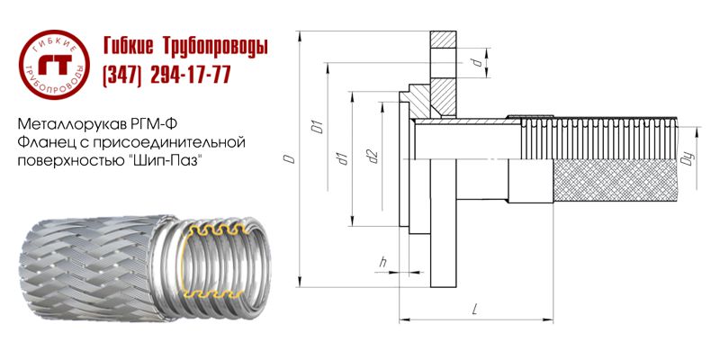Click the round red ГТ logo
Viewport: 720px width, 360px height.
(56, 60)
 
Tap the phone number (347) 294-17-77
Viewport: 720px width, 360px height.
(167, 76)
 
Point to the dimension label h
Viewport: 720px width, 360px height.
(383, 262)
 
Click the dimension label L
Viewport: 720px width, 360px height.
(473, 310)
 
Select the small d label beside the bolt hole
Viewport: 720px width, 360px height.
(473, 62)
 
